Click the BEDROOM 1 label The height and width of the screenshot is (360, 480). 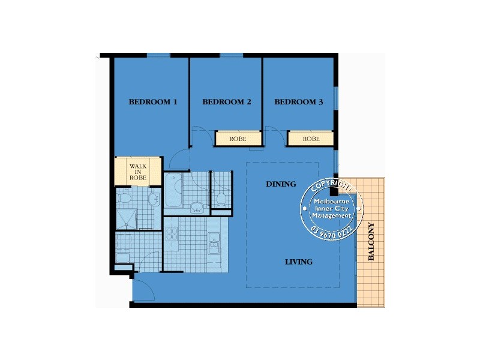pos(153,102)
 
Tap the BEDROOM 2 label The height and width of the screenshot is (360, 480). pos(227,102)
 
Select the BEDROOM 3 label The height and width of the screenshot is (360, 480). pos(299,102)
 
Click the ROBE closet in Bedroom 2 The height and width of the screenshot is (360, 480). pos(238,139)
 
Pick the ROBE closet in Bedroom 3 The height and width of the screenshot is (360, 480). pos(310,139)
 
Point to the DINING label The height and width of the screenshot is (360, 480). pos(281,184)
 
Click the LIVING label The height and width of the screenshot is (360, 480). pos(298,262)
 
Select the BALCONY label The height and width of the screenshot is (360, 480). pos(371,241)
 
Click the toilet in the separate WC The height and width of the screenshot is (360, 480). pos(221,199)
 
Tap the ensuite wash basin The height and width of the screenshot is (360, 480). pos(154,197)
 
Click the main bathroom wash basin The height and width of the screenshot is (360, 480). pos(196,208)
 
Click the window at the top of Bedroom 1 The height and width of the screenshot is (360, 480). pos(159,56)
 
